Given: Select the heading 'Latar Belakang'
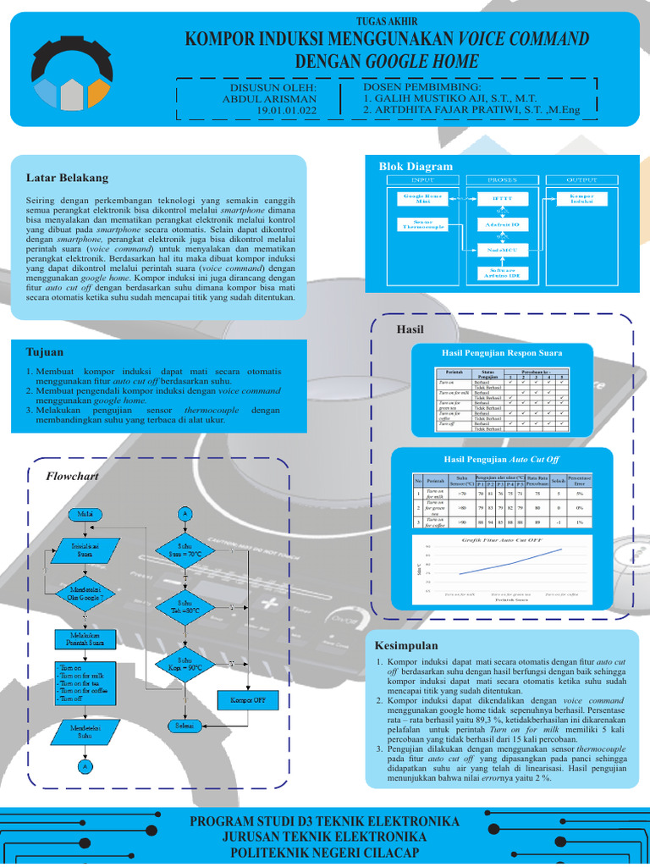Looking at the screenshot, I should pos(68,178).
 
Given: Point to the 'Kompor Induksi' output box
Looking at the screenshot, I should pos(581,198).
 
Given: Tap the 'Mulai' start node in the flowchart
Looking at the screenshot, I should pos(85,514).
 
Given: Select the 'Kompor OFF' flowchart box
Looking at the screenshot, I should pos(248,700).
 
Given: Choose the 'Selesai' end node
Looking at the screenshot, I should pos(185,726).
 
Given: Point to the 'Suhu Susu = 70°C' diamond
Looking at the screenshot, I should pos(185,549).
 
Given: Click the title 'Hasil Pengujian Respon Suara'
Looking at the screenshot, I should pos(502,353).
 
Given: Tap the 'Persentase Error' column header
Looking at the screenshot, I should pos(580,480).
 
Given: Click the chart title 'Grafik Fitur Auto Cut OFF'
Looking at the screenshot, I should pos(502,538).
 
